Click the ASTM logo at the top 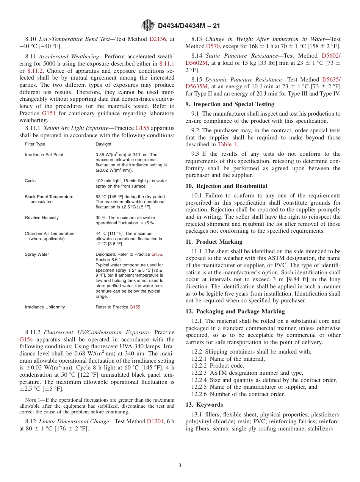pyautogui.click(x=148, y=25)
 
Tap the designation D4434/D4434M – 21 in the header pyautogui.click(x=189, y=26)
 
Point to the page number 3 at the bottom pyautogui.click(x=180, y=465)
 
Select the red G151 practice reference pyautogui.click(x=49, y=113)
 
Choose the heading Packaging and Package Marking pyautogui.click(x=240, y=311)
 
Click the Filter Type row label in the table pyautogui.click(x=35, y=144)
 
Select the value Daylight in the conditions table pyautogui.click(x=103, y=144)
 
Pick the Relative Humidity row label pyautogui.click(x=42, y=218)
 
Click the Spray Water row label pyautogui.click(x=37, y=255)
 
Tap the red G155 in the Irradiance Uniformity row pyautogui.click(x=135, y=307)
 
